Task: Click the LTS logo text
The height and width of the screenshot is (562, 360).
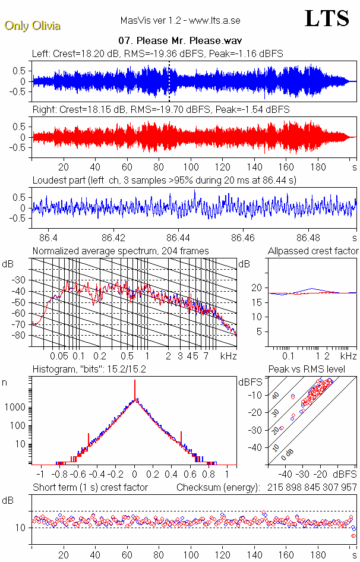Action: (327, 18)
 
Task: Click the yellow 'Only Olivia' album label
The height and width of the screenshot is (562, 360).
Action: (32, 26)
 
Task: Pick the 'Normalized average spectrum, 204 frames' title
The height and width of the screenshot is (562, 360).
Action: (121, 251)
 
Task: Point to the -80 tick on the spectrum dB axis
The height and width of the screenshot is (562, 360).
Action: (20, 336)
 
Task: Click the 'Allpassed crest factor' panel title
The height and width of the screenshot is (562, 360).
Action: (313, 251)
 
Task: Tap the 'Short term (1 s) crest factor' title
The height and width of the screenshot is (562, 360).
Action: (90, 487)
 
